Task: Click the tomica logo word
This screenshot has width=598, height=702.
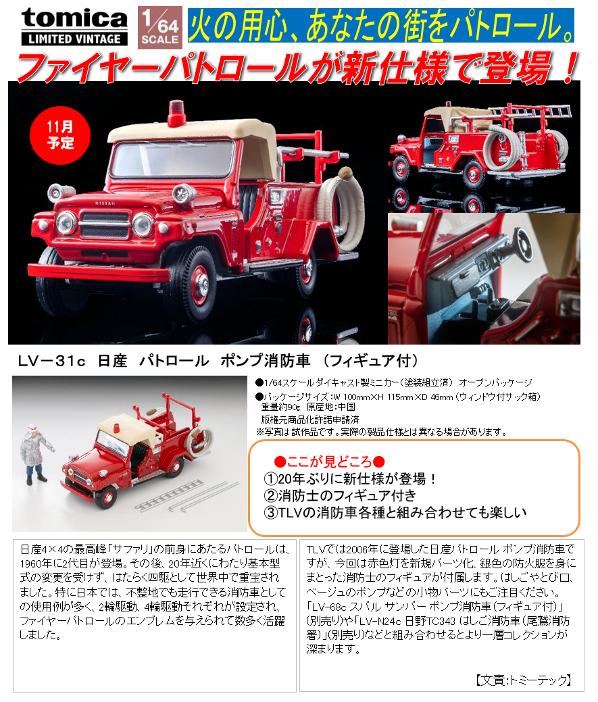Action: (x=74, y=18)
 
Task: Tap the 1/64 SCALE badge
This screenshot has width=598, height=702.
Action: (x=159, y=27)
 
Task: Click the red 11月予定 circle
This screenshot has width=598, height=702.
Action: (x=60, y=134)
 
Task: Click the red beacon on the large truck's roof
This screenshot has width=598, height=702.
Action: (x=176, y=113)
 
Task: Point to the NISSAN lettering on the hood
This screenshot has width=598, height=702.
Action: (x=105, y=203)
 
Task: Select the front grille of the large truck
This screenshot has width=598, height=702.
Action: (x=105, y=225)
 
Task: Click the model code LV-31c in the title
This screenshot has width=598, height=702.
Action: (x=52, y=361)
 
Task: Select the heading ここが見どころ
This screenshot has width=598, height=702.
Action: (x=329, y=461)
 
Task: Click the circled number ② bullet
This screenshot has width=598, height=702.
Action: (x=271, y=496)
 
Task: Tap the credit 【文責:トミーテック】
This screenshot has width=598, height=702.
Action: (x=523, y=680)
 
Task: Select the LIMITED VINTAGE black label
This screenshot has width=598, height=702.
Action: (x=74, y=39)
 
